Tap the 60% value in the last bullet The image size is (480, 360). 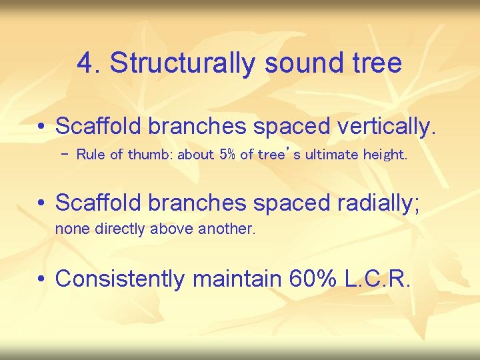(x=314, y=278)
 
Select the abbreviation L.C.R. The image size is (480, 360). (x=378, y=278)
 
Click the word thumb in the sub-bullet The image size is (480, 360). (x=145, y=155)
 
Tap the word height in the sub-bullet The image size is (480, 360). (x=384, y=155)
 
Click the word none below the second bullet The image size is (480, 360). (x=69, y=229)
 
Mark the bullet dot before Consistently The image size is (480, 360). (x=42, y=279)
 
